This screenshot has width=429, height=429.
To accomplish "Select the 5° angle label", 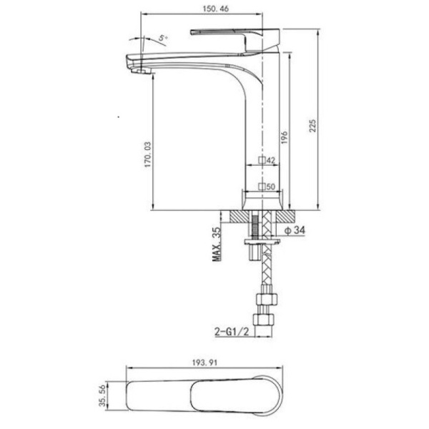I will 164,37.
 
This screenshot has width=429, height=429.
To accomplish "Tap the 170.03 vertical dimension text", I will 147,154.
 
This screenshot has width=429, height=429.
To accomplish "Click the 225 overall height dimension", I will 312,125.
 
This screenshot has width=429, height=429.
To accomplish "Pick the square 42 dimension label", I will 267,161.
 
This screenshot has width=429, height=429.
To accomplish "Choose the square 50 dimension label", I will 267,187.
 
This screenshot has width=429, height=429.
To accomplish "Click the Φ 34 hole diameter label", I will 295,230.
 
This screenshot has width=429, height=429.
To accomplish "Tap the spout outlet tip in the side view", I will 137,67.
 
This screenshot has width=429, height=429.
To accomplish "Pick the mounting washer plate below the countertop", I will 262,245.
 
